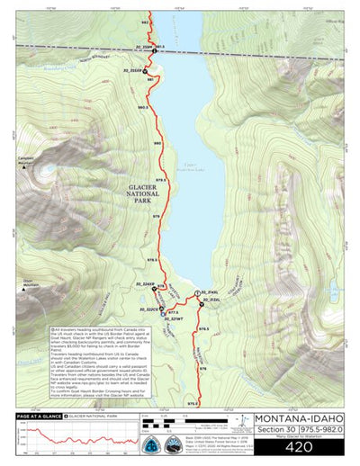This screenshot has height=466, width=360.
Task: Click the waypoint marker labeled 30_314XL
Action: click(197, 293)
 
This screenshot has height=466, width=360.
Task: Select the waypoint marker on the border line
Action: click(154, 52)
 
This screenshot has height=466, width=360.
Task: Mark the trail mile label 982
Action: click(145, 22)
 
